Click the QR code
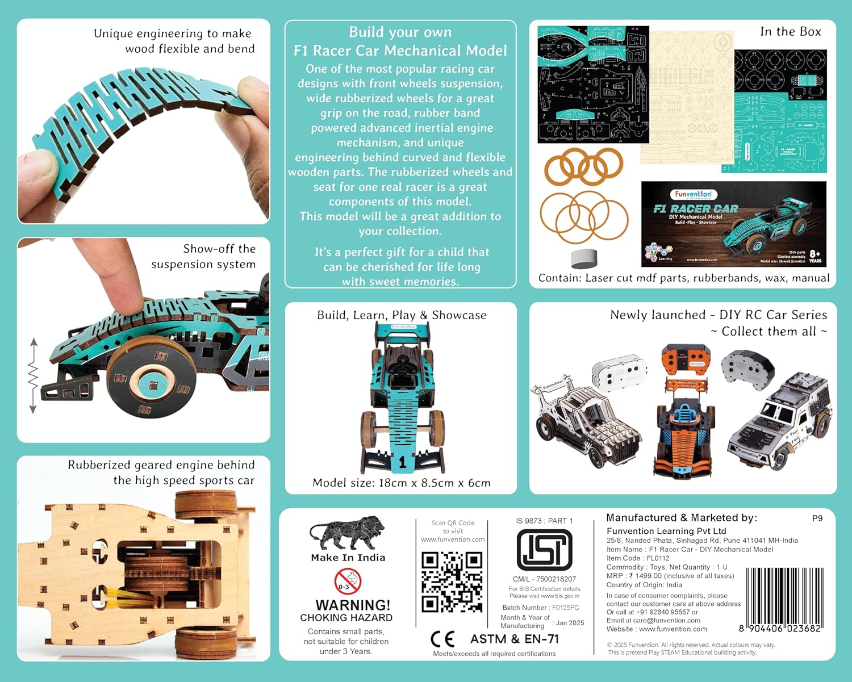[x=452, y=583]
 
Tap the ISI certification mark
[x=544, y=550]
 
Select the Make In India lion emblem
[x=347, y=533]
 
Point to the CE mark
[x=442, y=639]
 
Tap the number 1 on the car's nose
[x=402, y=462]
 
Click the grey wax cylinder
[x=584, y=258]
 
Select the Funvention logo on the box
[x=693, y=194]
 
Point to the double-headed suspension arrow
[x=33, y=375]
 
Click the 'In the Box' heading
[x=790, y=32]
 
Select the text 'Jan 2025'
[x=570, y=623]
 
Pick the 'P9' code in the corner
[x=817, y=518]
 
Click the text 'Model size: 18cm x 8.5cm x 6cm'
[x=401, y=483]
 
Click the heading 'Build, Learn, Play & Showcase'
[x=402, y=315]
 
